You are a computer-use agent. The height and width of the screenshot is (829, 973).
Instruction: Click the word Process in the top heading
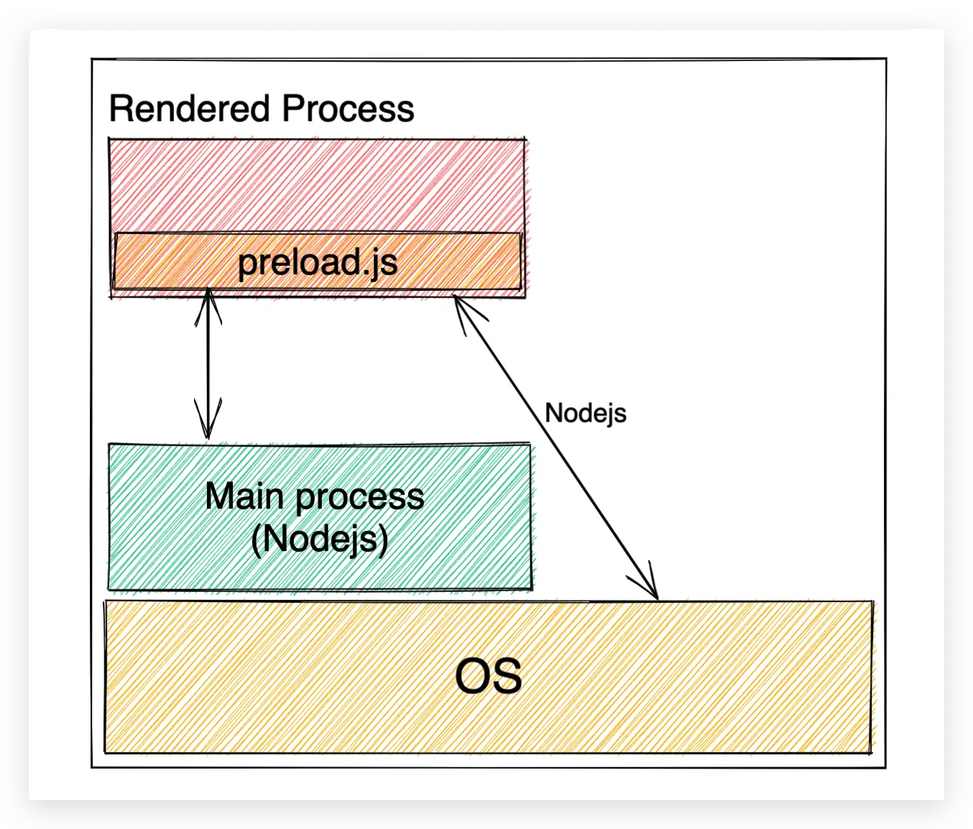348,109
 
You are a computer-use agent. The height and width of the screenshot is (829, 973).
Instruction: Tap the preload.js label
318,262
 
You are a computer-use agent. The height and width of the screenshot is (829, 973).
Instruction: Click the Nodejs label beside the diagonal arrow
586,413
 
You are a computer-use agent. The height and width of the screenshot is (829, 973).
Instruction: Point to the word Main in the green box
244,496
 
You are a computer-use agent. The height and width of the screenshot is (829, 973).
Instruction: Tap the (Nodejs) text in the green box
320,539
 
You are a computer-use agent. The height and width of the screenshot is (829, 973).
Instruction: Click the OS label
489,677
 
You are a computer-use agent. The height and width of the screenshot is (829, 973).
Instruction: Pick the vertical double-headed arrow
208,366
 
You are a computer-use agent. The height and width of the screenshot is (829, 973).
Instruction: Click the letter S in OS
507,677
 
